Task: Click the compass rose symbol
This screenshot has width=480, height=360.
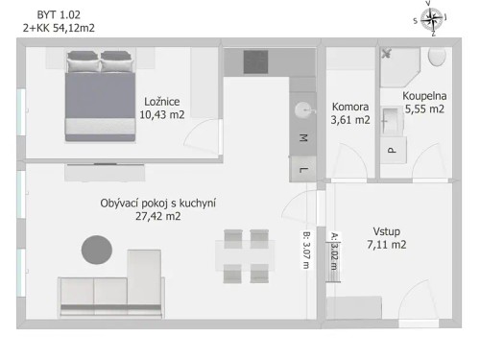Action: [x=433, y=18]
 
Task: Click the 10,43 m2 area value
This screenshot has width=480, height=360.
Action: [x=161, y=114]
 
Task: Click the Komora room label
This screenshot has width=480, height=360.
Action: [x=350, y=107]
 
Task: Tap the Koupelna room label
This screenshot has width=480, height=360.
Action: [x=423, y=96]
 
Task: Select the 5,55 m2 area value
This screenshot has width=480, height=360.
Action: [x=423, y=109]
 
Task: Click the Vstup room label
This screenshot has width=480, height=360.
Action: [x=386, y=231]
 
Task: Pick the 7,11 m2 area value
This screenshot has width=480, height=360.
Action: [x=386, y=245]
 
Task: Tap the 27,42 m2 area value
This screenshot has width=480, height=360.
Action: [x=158, y=216]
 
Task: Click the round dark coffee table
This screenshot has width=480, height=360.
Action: [x=96, y=250]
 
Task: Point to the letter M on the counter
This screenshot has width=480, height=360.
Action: [x=303, y=138]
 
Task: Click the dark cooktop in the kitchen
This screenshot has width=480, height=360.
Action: [x=254, y=60]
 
